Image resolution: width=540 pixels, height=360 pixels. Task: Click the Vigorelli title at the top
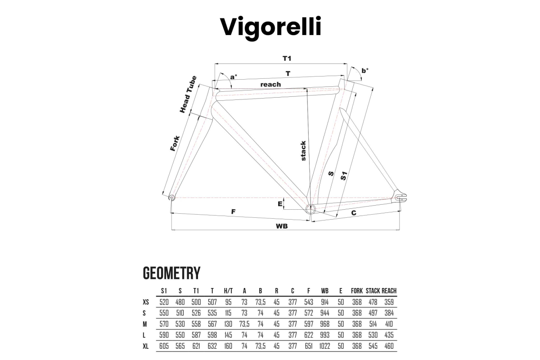tap(270, 27)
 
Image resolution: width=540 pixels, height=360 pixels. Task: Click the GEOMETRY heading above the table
tap(171, 273)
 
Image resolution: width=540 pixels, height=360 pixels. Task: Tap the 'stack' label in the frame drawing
tap(303, 151)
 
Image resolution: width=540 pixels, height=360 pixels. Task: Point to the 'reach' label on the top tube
tap(270, 85)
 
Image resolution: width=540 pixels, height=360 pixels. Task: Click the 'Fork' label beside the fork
tap(175, 144)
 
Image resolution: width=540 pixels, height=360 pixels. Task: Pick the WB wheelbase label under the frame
tap(282, 226)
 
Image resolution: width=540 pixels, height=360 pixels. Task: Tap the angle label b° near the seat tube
tap(365, 71)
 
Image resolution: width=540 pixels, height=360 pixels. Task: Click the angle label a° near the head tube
tap(234, 77)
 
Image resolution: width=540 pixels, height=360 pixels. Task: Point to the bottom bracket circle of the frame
tap(310, 209)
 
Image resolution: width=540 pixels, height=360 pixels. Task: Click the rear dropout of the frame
tap(400, 197)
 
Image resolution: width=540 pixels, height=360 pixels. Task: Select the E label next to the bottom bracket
tap(280, 204)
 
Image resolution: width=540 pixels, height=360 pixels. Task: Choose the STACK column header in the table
tap(373, 291)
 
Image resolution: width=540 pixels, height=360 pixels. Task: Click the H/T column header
tap(228, 291)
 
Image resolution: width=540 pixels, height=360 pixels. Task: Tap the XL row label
tap(146, 346)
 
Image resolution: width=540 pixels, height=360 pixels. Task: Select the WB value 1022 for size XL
tap(324, 346)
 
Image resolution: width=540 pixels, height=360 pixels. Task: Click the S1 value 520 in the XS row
tap(164, 302)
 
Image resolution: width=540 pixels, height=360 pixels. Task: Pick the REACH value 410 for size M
tap(389, 324)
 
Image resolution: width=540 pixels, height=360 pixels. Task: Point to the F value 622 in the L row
tap(309, 335)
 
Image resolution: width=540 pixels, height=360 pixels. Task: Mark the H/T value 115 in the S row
tap(228, 313)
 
